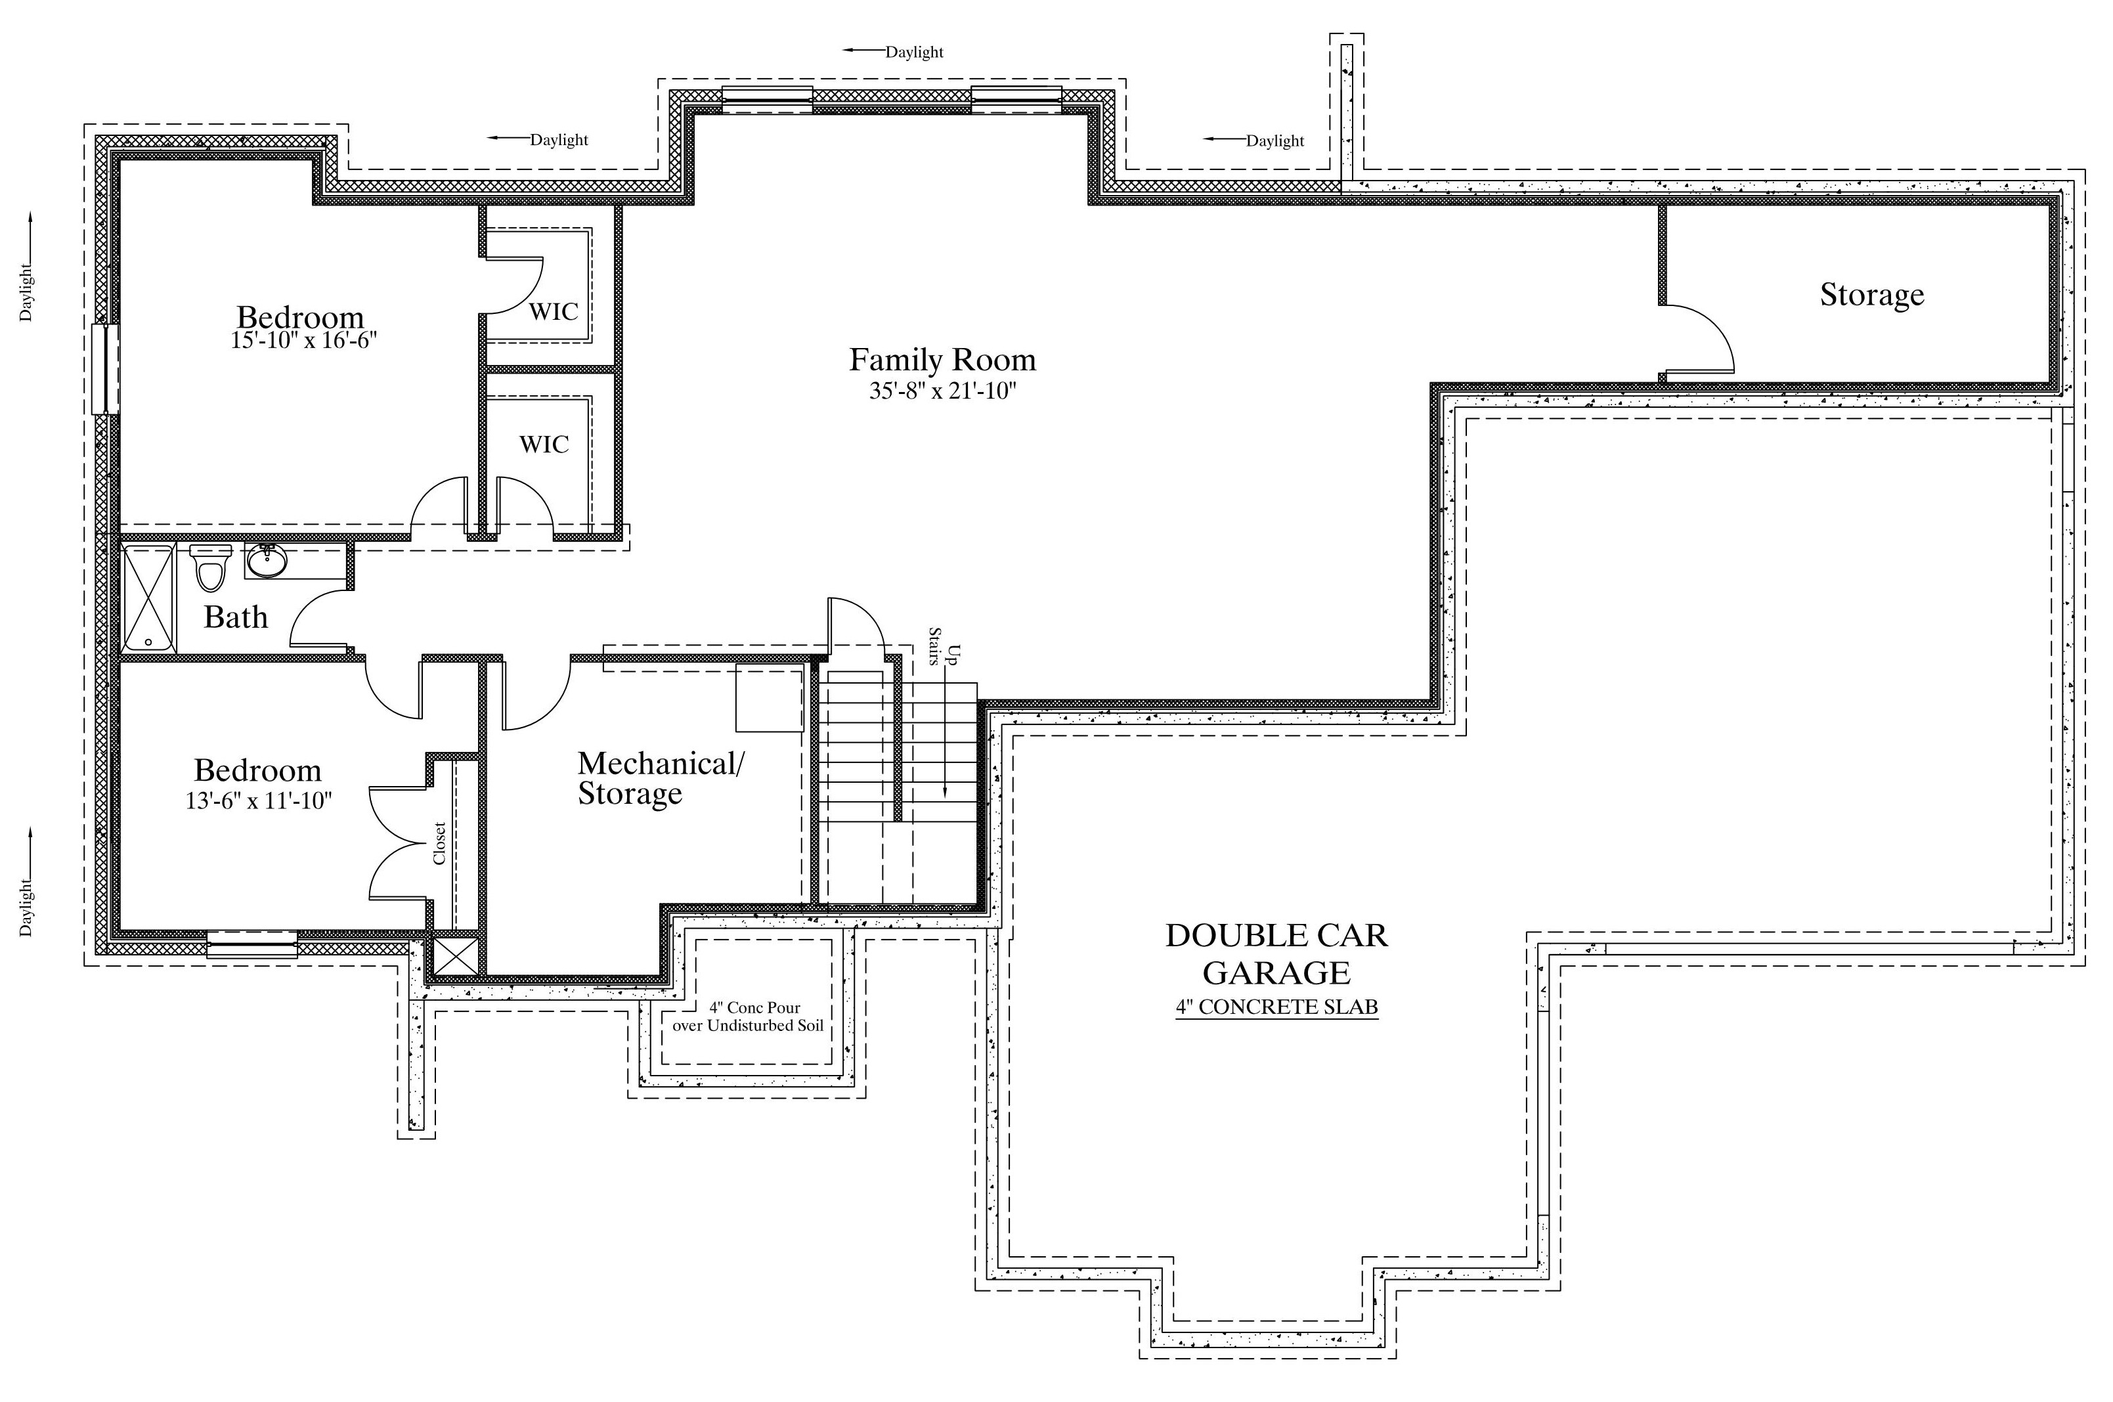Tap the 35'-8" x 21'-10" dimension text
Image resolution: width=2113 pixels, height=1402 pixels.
coord(943,391)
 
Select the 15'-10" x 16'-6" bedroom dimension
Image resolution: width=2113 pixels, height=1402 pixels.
coord(304,341)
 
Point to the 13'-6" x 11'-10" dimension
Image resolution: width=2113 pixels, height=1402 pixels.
coord(258,800)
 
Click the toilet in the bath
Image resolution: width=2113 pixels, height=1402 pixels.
coord(211,567)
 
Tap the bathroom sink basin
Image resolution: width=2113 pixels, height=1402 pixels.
coord(267,561)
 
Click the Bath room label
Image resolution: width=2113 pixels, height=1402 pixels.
coord(236,617)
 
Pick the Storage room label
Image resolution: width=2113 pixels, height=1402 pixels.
coord(1871,295)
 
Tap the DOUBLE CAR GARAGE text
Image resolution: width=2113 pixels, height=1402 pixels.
coord(1276,953)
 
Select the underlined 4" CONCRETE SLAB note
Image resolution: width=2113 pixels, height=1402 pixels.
coord(1276,1007)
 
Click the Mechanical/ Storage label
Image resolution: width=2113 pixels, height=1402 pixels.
coord(661,778)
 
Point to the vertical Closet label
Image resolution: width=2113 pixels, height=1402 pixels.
coord(439,843)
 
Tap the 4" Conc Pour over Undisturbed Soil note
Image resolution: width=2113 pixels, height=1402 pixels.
coord(748,1017)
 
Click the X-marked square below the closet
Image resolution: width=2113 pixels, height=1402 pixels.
coord(456,955)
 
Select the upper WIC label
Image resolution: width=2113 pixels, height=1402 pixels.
coord(554,312)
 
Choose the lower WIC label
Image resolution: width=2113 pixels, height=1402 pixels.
coord(544,445)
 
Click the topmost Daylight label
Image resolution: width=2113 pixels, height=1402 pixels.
coord(915,52)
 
